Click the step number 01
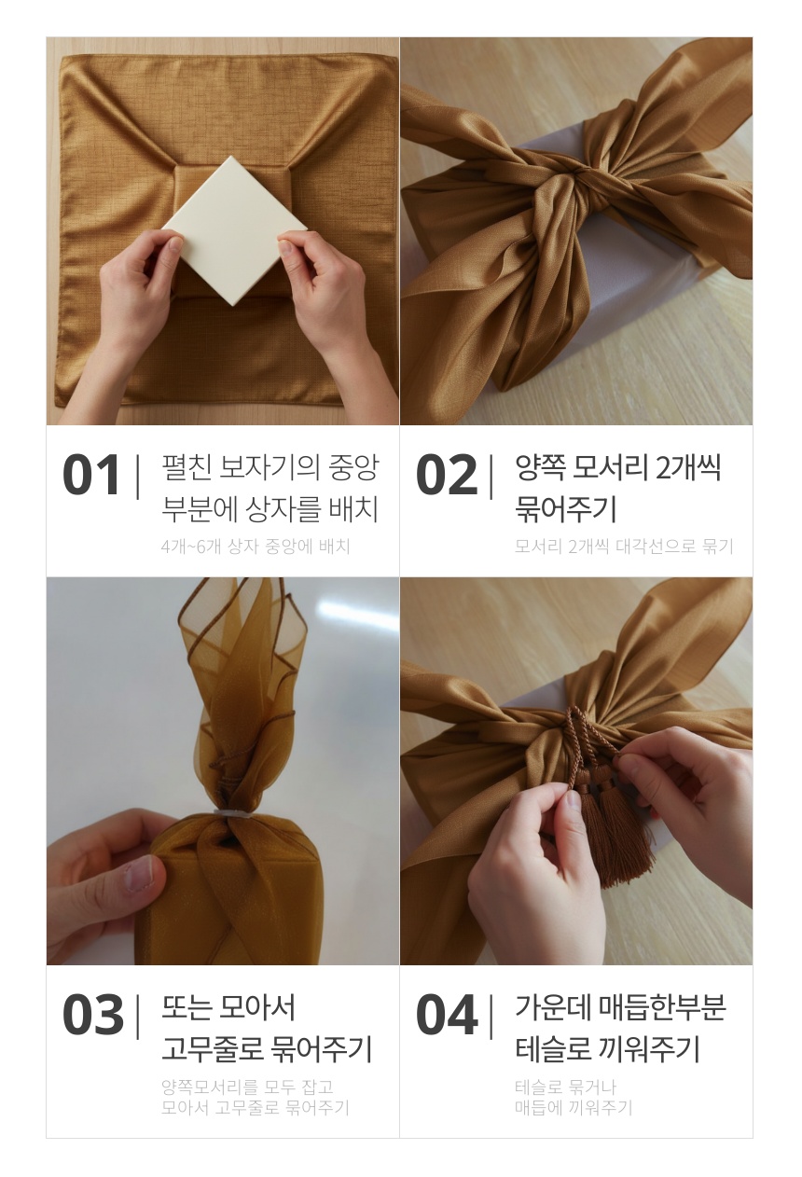[90, 475]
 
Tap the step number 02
[447, 475]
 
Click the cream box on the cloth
[234, 230]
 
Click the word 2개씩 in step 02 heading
[688, 467]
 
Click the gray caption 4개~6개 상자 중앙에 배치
[256, 547]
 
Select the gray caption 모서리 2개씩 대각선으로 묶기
[624, 547]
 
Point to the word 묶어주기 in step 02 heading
[565, 509]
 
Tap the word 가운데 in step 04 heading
[552, 1007]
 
